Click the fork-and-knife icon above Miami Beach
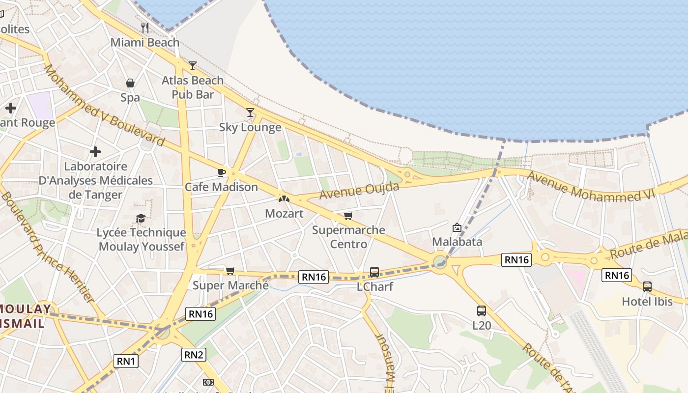click(144, 28)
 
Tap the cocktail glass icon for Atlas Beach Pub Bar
click(193, 66)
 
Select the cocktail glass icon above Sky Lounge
click(250, 112)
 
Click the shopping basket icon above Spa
click(130, 83)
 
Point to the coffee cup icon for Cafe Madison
click(221, 172)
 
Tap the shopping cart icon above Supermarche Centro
click(348, 216)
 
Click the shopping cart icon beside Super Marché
click(230, 271)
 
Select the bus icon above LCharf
click(374, 272)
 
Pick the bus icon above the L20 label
click(482, 310)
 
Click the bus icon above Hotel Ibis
click(647, 287)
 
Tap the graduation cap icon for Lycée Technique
click(141, 218)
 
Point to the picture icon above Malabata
click(457, 227)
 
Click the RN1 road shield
click(126, 362)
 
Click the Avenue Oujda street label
click(359, 189)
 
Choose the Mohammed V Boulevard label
click(104, 105)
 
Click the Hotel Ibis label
click(647, 301)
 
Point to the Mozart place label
click(284, 214)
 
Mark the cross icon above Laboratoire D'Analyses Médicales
click(95, 152)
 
